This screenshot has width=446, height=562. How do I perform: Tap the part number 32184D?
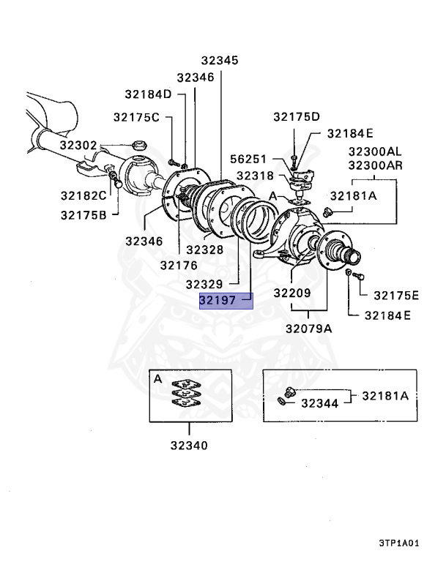[148, 94]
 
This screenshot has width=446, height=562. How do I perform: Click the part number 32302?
[78, 146]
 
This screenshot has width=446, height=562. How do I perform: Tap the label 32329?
[204, 283]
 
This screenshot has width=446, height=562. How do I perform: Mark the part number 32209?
[292, 293]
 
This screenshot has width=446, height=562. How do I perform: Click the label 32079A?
[309, 329]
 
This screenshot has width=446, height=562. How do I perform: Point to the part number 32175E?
[396, 296]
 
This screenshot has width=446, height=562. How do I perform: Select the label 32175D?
[297, 117]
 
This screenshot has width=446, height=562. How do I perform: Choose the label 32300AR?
[375, 165]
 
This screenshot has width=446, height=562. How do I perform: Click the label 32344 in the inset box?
[319, 403]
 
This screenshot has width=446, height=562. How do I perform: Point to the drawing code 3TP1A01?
[398, 544]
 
